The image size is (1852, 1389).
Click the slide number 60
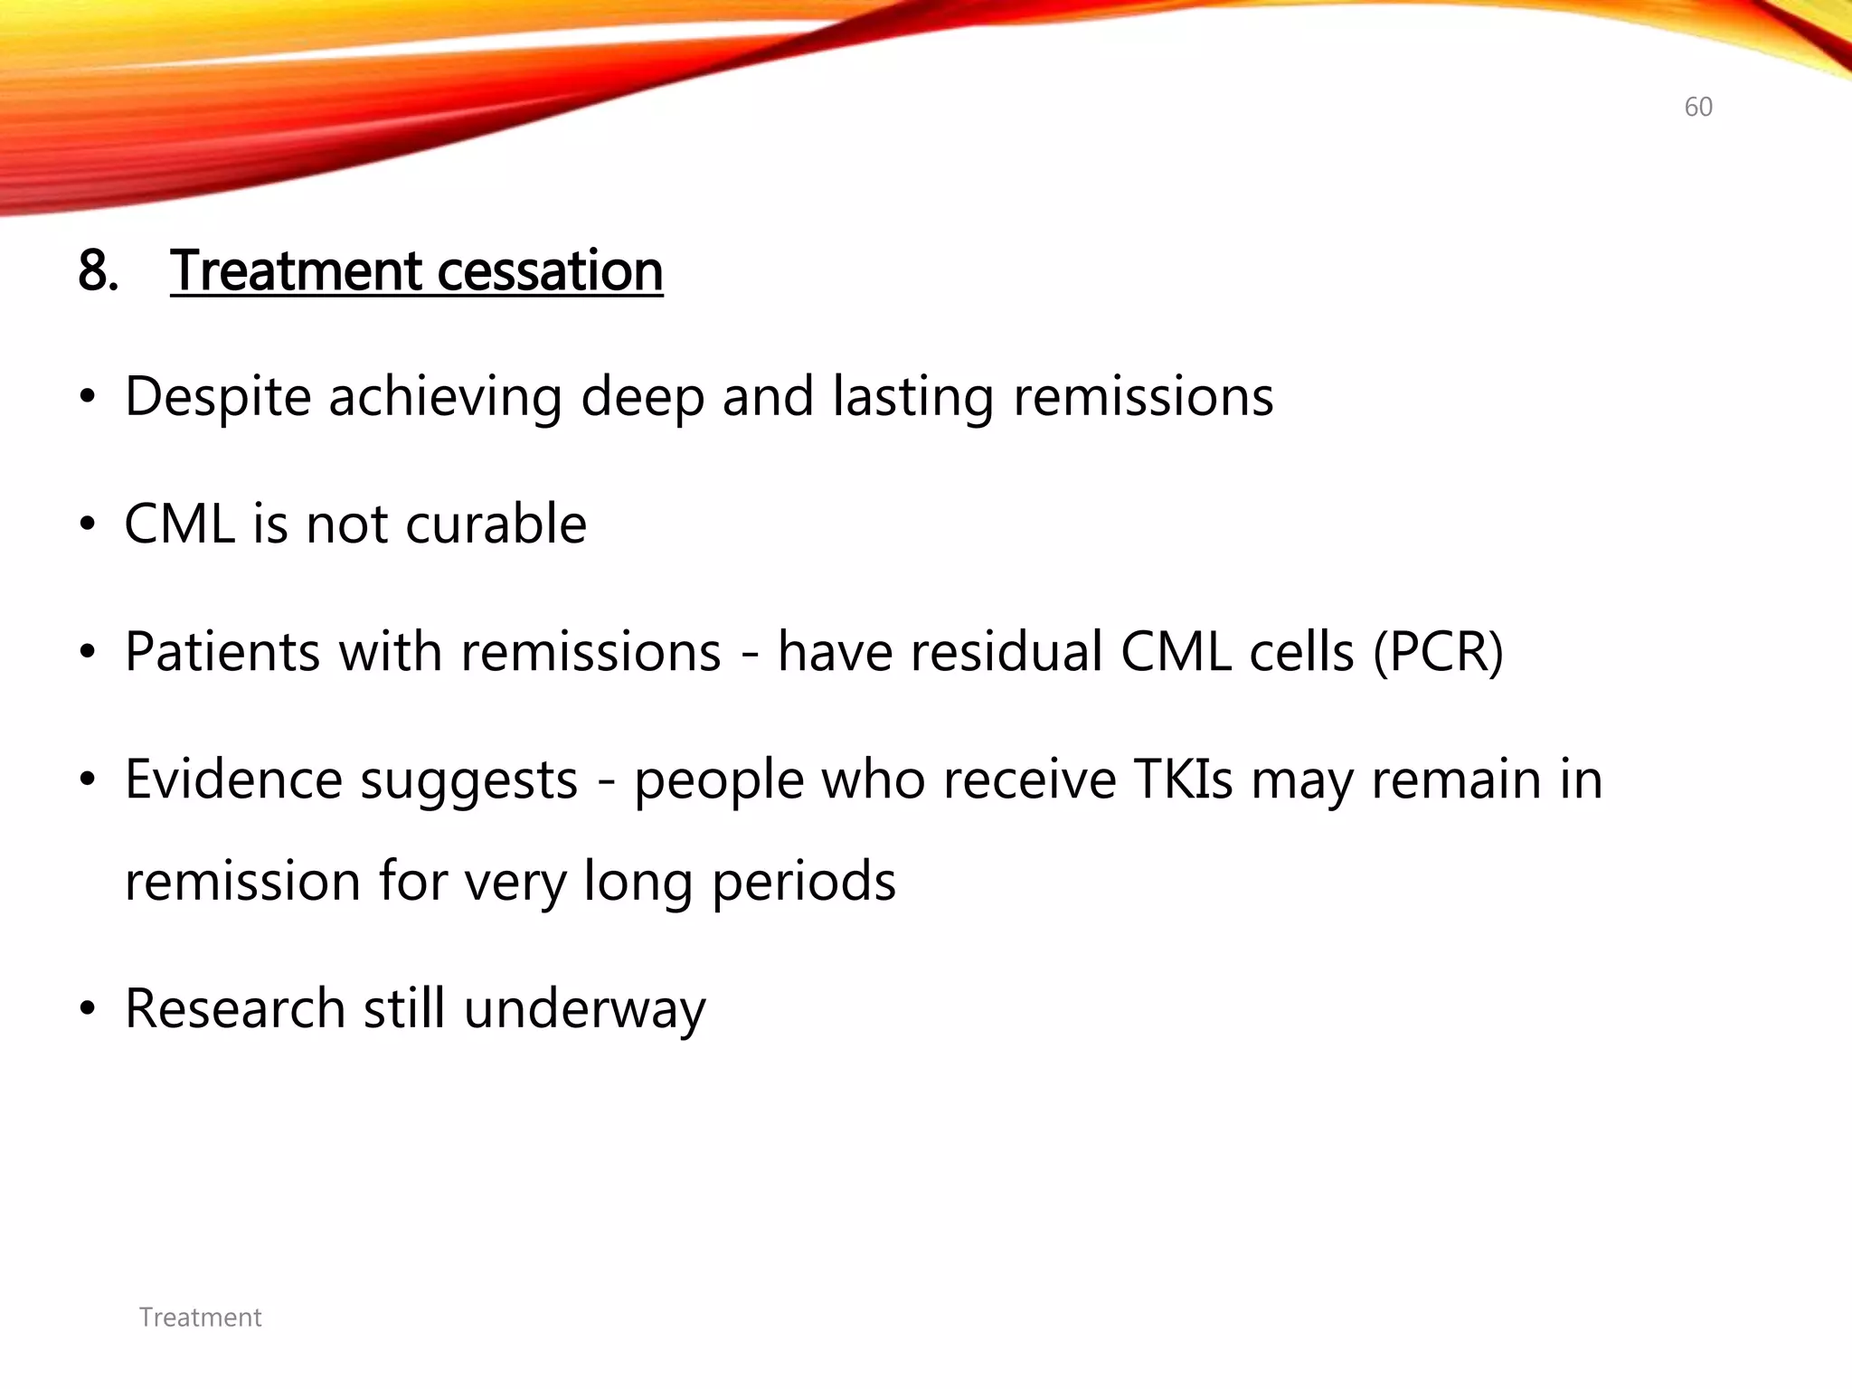point(1697,107)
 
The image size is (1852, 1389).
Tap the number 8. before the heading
point(98,270)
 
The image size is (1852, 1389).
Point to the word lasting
point(912,397)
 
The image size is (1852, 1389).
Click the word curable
point(496,524)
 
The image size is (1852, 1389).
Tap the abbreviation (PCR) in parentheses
point(1438,652)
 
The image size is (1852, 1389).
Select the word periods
point(803,883)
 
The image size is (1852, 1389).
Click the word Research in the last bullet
point(235,1009)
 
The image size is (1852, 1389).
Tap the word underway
point(584,1009)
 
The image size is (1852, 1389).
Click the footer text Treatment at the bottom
point(200,1318)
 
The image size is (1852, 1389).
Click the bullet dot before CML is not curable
point(87,525)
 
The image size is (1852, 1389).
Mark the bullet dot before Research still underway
point(87,1010)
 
